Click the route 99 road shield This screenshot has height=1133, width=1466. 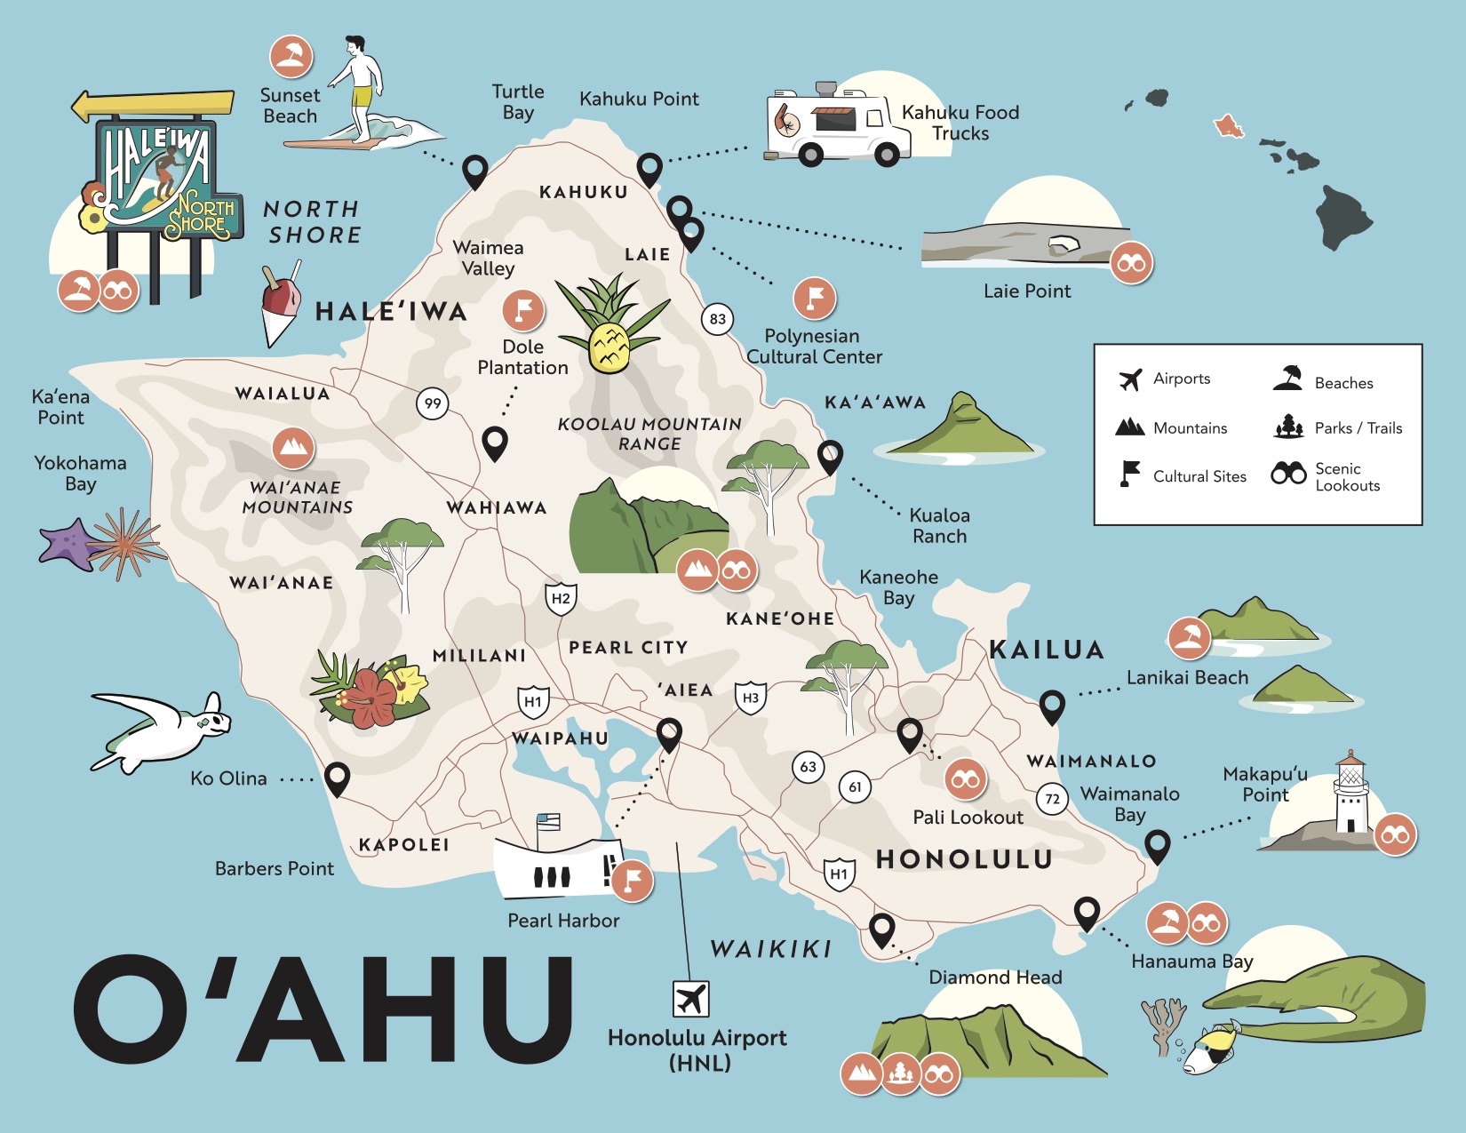coord(433,403)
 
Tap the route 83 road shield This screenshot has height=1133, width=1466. coord(718,319)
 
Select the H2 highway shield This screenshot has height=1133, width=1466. coord(561,599)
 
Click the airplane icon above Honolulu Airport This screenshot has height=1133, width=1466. coord(691,999)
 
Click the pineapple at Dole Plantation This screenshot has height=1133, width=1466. coord(610,346)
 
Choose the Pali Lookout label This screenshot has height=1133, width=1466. coord(968,818)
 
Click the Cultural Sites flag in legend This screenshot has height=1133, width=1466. coord(1129,475)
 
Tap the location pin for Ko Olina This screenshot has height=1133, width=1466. coord(337,778)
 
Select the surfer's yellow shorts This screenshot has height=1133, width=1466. coord(362,96)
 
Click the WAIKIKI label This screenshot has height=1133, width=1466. coord(771,949)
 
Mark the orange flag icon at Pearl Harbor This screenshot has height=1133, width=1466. coord(633,881)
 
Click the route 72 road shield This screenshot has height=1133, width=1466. coord(1052,799)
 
